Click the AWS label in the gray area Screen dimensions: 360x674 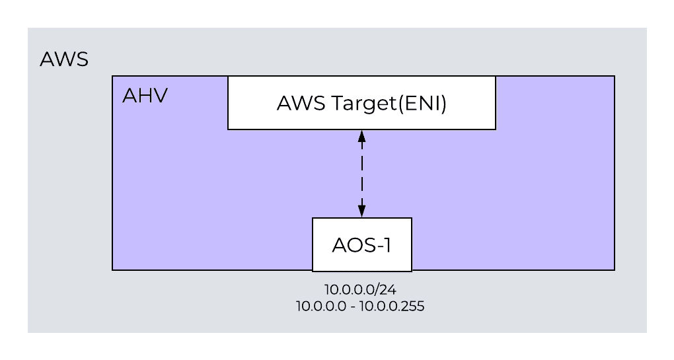click(x=64, y=59)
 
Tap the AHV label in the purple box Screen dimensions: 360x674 click(x=145, y=96)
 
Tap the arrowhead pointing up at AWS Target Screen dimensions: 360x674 click(x=361, y=135)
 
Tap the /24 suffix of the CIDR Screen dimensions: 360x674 click(x=389, y=289)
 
